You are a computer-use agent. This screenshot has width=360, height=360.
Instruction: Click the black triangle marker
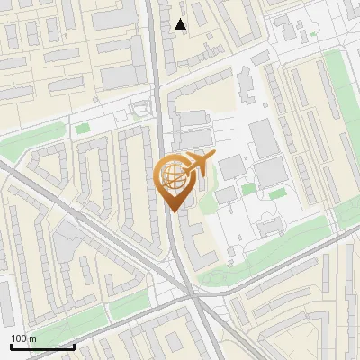181,24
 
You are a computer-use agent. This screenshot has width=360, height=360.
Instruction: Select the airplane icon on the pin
198,164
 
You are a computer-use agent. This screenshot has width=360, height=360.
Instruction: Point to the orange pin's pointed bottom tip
172,211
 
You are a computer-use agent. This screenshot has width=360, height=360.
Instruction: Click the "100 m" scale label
23,337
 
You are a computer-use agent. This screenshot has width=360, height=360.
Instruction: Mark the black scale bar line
41,346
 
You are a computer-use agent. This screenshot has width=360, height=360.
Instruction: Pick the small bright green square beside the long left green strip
83,129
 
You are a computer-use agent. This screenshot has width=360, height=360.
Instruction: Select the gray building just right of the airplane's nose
231,166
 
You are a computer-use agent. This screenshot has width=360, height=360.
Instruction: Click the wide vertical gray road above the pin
157,72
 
